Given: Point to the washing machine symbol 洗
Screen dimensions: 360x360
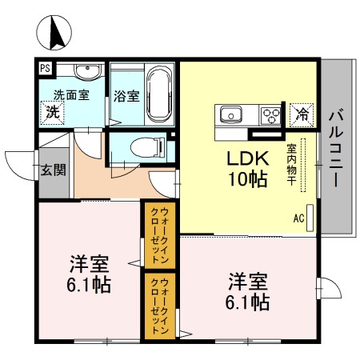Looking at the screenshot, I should click(52, 110).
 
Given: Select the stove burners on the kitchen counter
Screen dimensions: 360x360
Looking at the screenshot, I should click(271, 114).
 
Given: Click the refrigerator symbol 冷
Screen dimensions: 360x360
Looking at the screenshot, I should click(302, 114).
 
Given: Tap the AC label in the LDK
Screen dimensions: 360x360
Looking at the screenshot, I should click(298, 217).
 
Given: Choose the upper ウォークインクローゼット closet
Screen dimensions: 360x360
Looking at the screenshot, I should click(154, 235).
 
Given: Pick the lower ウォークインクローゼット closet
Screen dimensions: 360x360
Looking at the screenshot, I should click(154, 304).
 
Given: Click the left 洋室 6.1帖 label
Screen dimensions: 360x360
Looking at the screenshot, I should click(88, 274).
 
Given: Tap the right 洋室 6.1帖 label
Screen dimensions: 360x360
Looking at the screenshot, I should click(247, 292).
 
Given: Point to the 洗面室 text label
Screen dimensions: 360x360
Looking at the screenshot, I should click(71, 94).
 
